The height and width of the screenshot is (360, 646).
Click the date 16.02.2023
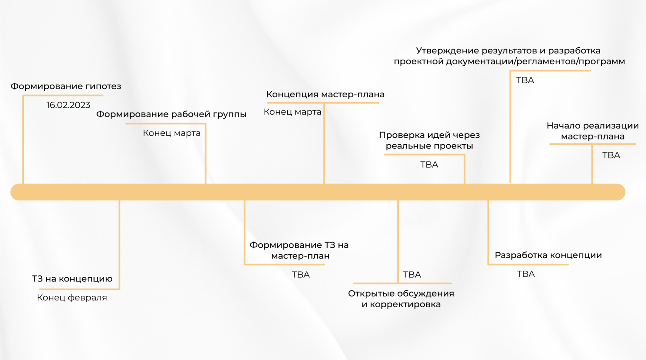tap(68, 105)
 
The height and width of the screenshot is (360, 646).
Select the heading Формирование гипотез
tap(66, 86)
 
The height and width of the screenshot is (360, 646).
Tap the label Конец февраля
tap(72, 297)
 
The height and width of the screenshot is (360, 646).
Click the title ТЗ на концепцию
tap(72, 278)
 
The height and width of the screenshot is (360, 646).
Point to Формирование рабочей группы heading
tap(171, 114)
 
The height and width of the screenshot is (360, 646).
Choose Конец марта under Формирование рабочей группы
tap(171, 133)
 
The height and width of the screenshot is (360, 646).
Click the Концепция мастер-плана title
tap(325, 94)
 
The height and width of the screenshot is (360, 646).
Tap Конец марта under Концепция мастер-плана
tap(292, 112)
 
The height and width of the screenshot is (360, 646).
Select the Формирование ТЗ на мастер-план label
tap(299, 250)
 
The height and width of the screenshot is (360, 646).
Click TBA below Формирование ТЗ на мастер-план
tap(301, 275)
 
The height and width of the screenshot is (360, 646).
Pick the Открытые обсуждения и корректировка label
tap(401, 299)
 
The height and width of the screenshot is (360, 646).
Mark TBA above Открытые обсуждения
tap(412, 275)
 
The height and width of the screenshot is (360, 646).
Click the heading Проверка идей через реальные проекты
tap(429, 140)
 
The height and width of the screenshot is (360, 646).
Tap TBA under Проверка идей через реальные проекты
tap(429, 165)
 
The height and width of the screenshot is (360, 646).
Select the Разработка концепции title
tap(548, 255)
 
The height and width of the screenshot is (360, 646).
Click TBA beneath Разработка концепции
tap(526, 274)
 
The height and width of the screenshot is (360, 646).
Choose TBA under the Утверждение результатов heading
tap(525, 80)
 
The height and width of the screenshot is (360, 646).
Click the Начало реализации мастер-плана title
tap(593, 131)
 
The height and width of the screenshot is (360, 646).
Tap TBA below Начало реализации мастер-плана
tap(611, 155)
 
